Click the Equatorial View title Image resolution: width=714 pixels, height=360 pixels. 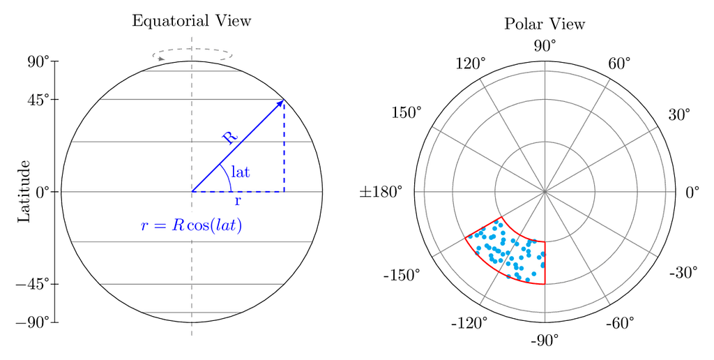[x=192, y=21]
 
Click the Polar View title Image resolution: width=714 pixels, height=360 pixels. [x=545, y=24]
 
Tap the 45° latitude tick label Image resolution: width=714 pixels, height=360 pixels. [x=39, y=99]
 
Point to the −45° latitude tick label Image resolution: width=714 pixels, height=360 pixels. [x=33, y=284]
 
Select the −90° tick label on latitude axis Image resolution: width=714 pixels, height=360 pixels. [x=33, y=322]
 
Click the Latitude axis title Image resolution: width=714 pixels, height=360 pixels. [x=24, y=191]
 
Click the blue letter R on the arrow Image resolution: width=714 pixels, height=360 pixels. [x=230, y=137]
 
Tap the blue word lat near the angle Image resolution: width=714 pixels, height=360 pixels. [x=241, y=172]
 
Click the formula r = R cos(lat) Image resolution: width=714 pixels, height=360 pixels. [x=191, y=226]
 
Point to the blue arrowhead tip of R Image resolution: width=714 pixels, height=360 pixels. [x=284, y=100]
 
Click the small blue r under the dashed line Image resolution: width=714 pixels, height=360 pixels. [x=238, y=201]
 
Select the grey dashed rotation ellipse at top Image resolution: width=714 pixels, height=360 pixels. [x=192, y=49]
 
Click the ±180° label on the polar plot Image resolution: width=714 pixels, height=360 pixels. [x=381, y=192]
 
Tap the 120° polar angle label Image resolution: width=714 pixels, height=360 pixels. [x=471, y=63]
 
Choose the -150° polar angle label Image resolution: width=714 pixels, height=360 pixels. [x=402, y=276]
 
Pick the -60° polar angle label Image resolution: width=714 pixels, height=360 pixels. [x=620, y=324]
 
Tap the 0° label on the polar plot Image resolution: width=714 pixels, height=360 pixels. [x=692, y=193]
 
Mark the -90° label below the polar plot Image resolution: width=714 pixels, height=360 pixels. [x=545, y=340]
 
